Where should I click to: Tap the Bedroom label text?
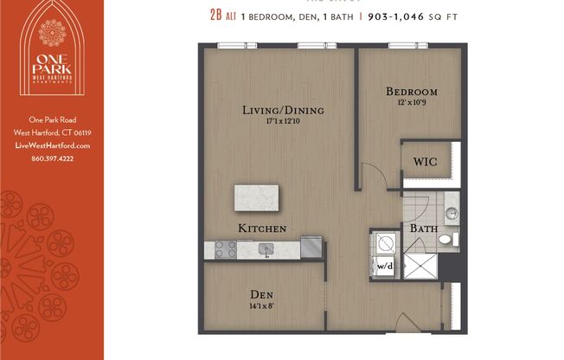[411, 92]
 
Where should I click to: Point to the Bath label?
[424, 229]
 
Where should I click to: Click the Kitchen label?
[262, 228]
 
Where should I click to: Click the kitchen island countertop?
[257, 198]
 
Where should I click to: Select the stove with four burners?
[226, 249]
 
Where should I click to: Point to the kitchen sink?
[268, 249]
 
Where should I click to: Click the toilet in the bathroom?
[445, 239]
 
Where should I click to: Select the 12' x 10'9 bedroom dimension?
[412, 102]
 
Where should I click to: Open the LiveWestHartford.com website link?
[53, 145]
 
